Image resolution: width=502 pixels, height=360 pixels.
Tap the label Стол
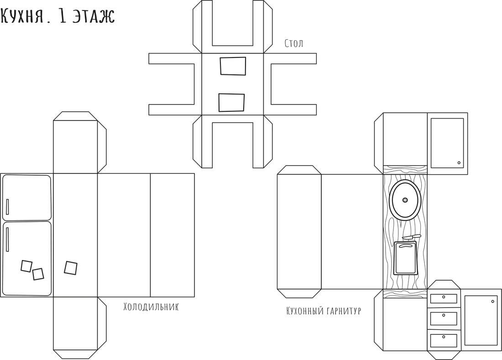click(293, 43)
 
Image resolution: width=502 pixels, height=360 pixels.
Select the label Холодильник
click(151, 307)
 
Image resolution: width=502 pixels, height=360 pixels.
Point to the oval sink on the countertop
click(405, 200)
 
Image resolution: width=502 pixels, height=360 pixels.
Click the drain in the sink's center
click(405, 200)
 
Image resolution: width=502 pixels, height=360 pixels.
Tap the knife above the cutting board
click(412, 237)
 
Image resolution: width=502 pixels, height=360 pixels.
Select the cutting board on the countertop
click(406, 258)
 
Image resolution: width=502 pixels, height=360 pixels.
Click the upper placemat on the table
click(233, 66)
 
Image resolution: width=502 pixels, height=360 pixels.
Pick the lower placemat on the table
click(231, 103)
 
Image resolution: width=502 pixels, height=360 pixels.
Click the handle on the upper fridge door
click(7, 207)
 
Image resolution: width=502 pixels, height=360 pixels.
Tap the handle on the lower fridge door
click(7, 240)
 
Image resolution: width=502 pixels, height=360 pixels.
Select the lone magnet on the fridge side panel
click(70, 268)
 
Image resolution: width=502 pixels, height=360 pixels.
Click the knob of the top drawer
click(444, 297)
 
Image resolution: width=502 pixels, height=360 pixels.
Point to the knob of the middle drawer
click(444, 315)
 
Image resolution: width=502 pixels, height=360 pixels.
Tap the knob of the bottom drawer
click(444, 337)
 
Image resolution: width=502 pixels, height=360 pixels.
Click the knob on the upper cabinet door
click(459, 163)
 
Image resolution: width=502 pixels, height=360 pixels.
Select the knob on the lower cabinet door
click(493, 301)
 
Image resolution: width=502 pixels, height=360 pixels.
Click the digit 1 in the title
click(63, 16)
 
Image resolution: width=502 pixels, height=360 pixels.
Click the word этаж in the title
click(93, 16)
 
